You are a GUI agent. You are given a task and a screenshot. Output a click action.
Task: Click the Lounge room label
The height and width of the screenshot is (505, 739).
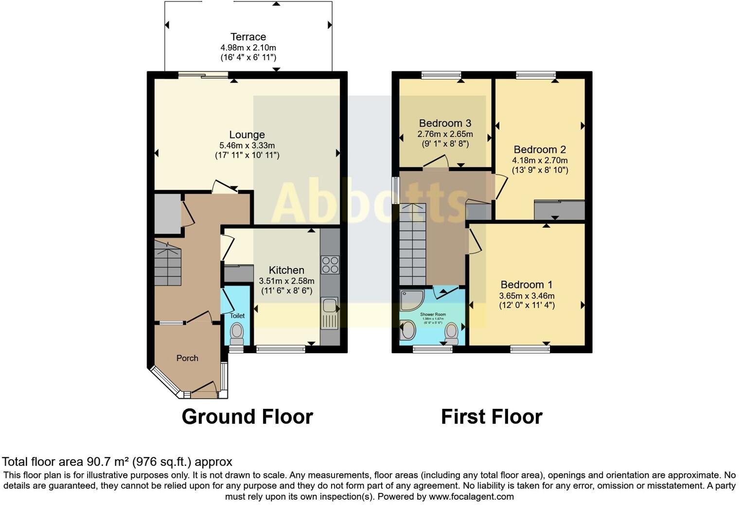pos(247,135)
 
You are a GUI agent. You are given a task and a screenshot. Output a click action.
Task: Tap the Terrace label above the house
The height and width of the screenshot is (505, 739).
pos(248,37)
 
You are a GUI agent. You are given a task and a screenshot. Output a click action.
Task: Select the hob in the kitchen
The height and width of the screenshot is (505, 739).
pos(330,265)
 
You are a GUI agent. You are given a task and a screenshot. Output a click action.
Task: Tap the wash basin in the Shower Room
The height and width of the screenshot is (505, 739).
pos(407,332)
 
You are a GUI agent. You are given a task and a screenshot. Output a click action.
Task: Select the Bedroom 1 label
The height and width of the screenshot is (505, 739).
pos(526,285)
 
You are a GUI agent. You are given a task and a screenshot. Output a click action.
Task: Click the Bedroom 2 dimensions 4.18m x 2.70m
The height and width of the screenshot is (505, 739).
pos(540,160)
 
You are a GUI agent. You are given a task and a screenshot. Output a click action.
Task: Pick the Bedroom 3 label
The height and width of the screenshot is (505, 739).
pos(445,123)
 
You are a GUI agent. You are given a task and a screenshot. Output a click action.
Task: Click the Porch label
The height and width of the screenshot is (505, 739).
pos(187,358)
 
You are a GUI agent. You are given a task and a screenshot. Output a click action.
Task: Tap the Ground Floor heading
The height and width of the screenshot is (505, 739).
pos(247,417)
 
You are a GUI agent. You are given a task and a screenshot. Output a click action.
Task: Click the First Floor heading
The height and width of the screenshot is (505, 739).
pos(492,417)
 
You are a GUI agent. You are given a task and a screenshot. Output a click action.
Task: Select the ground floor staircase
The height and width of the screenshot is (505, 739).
pos(168,265)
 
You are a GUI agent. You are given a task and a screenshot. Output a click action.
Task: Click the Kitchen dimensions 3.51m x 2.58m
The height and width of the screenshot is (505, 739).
pos(286,281)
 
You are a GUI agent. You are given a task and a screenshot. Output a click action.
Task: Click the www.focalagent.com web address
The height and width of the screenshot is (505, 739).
pos(471,497)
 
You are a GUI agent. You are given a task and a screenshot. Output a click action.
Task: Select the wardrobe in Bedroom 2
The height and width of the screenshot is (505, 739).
pos(559,210)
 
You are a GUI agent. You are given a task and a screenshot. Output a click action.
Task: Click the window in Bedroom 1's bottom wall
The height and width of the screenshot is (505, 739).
pos(530,348)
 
